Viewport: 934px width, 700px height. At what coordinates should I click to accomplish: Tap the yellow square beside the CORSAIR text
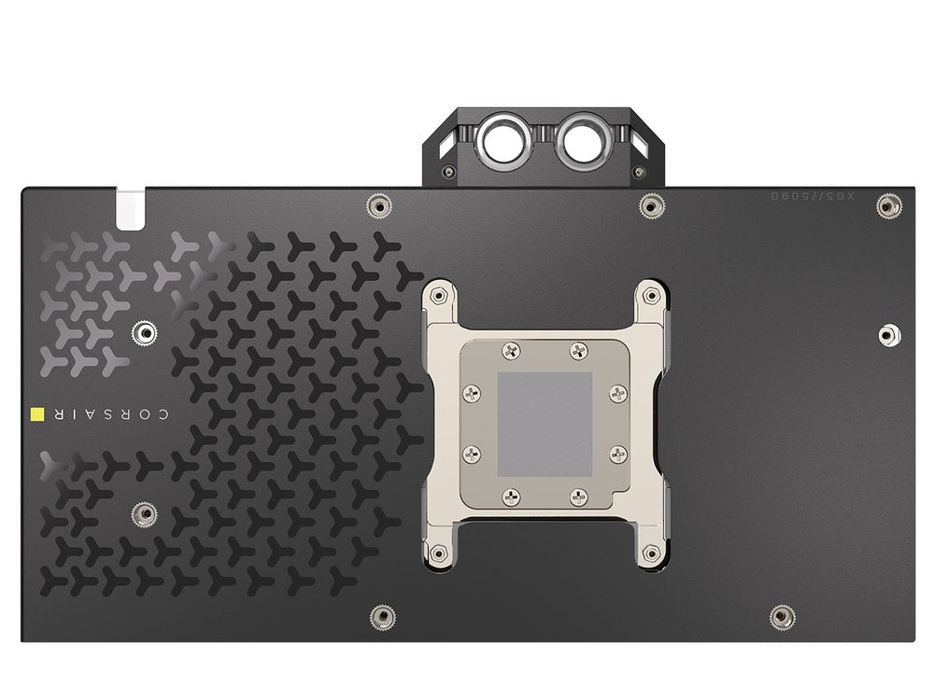(x=37, y=413)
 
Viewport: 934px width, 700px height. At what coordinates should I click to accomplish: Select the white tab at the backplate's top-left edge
(x=131, y=208)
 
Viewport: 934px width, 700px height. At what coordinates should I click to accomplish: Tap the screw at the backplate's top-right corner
(x=888, y=204)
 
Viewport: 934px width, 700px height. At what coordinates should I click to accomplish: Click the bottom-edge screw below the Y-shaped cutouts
(x=382, y=616)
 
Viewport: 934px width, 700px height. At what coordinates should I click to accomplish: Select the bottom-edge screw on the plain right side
(x=782, y=616)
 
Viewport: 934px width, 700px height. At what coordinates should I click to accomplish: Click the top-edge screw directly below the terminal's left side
(x=378, y=205)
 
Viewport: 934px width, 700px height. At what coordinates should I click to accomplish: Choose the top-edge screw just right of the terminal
(x=650, y=205)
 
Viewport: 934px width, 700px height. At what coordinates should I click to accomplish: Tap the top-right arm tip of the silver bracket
(x=649, y=294)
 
